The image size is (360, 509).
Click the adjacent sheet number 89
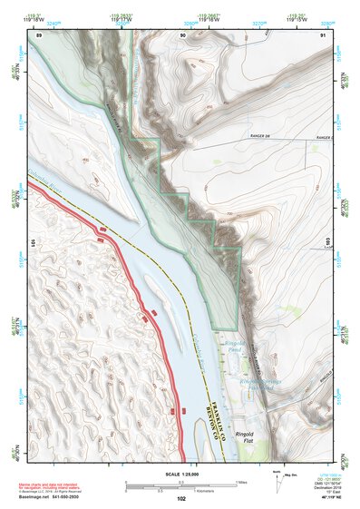tap(40, 34)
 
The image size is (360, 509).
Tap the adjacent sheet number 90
tap(183, 34)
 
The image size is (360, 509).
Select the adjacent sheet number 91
tap(324, 34)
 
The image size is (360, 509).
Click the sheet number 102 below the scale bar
tap(181, 499)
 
